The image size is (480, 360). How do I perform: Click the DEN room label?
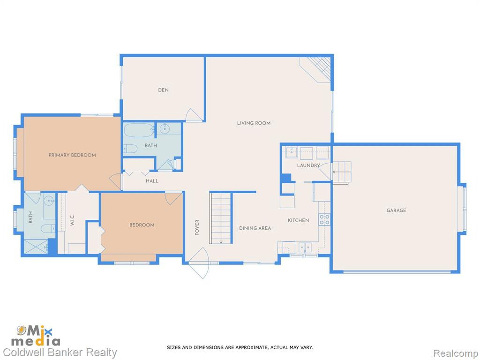point(163,90)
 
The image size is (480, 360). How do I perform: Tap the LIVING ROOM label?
point(254,123)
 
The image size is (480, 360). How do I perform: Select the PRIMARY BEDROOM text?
point(72,155)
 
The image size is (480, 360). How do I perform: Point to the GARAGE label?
point(396,210)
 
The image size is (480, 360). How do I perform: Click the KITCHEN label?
point(299,220)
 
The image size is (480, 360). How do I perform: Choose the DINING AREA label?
point(255,228)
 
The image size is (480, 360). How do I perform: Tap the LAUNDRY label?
point(308,165)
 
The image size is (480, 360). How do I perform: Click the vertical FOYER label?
point(197,227)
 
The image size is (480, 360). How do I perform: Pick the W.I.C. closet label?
point(72,220)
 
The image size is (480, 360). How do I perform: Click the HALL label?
point(152,181)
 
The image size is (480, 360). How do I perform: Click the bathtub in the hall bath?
point(139,130)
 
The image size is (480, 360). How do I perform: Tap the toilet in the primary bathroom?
point(48,228)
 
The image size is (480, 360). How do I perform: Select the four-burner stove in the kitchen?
point(324,219)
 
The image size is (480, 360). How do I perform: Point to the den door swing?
point(193,115)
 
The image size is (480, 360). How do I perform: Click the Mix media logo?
point(36,336)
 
